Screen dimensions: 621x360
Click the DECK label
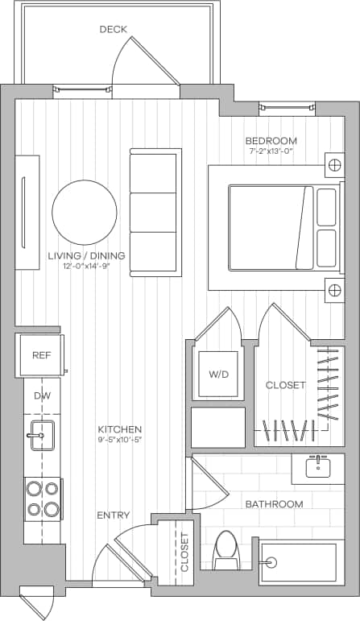(x=114, y=30)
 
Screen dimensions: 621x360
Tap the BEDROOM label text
(x=271, y=141)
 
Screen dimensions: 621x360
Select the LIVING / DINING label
(x=87, y=256)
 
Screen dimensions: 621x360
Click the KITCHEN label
(x=120, y=429)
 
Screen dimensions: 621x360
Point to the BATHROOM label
(x=274, y=504)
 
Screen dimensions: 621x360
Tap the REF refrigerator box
(x=41, y=355)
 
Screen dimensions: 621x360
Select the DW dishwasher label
(x=41, y=396)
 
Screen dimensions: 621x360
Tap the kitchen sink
(x=39, y=436)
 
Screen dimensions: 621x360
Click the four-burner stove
(x=43, y=499)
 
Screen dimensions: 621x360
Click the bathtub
(x=297, y=561)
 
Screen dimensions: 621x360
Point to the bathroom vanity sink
(x=317, y=467)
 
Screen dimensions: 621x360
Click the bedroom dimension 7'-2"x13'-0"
(x=271, y=151)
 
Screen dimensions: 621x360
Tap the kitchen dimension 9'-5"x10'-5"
(x=120, y=440)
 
